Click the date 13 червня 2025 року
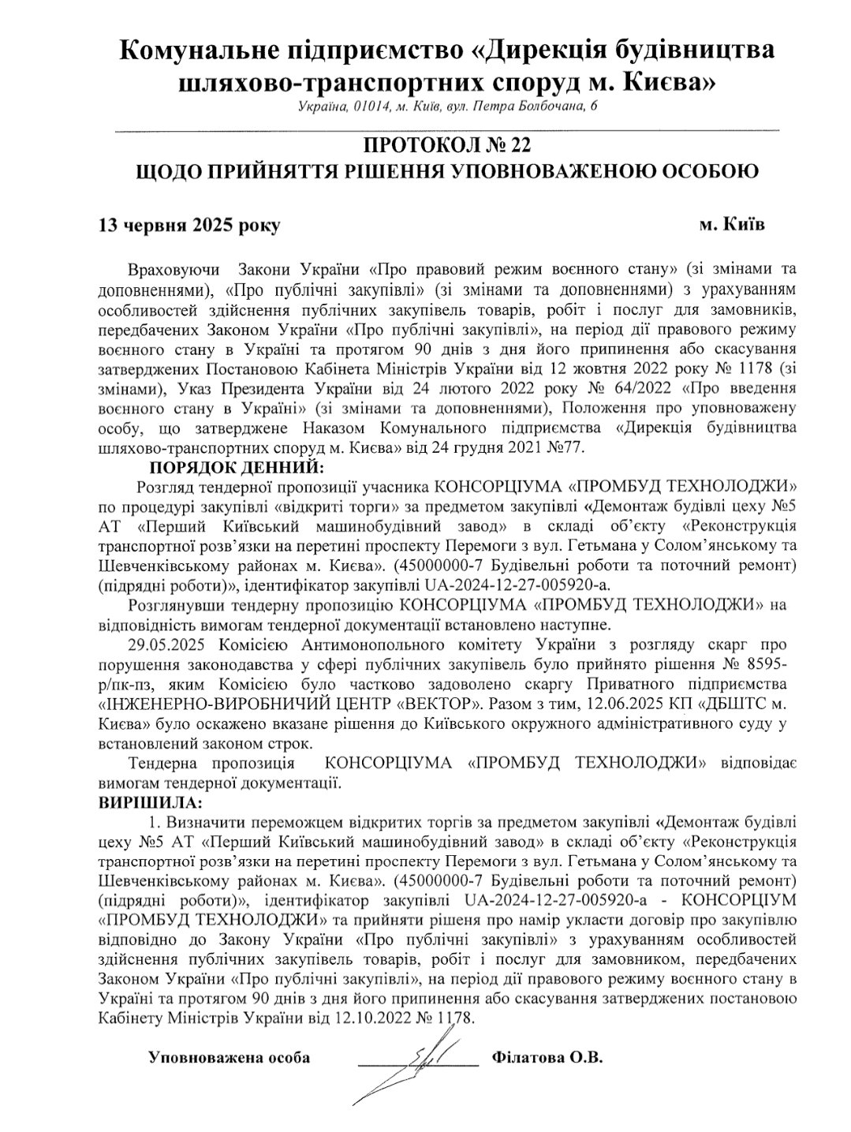pos(188,226)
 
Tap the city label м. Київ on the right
pos(732,225)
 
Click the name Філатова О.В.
pos(546,1058)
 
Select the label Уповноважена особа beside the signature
pos(230,1058)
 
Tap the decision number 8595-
pos(777,665)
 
